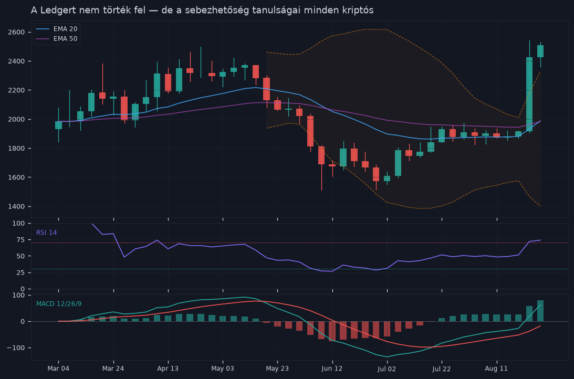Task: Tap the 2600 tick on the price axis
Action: [x=16, y=32]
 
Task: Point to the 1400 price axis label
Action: [x=16, y=206]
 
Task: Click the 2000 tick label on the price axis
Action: [x=16, y=119]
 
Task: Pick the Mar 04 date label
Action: [x=58, y=369]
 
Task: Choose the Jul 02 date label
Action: [x=387, y=369]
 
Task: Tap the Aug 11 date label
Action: [x=496, y=369]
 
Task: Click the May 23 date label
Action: [x=277, y=369]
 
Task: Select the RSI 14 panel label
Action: [x=47, y=233]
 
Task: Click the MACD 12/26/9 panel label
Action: [x=59, y=303]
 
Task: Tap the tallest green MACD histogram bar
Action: [x=540, y=311]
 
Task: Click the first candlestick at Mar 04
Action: [x=59, y=125]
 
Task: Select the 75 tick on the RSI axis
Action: [x=21, y=239]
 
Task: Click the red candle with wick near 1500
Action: [x=321, y=155]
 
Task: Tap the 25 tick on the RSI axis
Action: [x=21, y=272]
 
